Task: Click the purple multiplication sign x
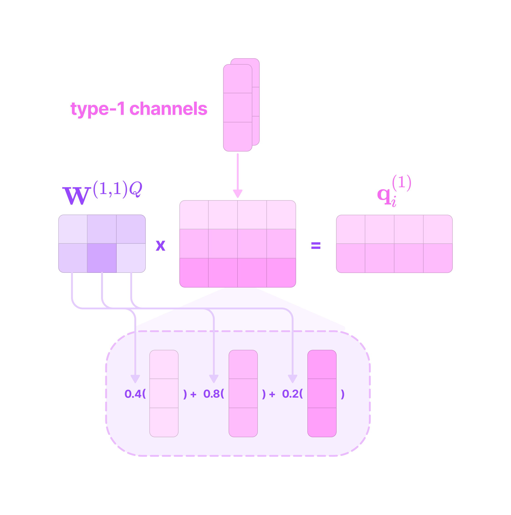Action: click(x=160, y=245)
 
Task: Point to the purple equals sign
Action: click(x=316, y=245)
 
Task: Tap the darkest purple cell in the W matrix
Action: click(x=102, y=258)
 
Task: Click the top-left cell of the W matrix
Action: click(x=73, y=229)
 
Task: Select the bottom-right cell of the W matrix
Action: click(x=131, y=258)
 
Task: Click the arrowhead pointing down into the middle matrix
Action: click(x=238, y=194)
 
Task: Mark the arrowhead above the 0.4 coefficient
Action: click(x=135, y=379)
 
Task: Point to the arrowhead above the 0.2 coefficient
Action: click(x=292, y=379)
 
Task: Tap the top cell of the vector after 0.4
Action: click(x=164, y=364)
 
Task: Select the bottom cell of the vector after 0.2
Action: click(x=322, y=422)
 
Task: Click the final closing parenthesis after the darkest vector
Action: click(x=343, y=394)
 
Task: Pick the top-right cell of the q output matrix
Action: click(x=438, y=229)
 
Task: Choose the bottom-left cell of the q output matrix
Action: click(x=351, y=258)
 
